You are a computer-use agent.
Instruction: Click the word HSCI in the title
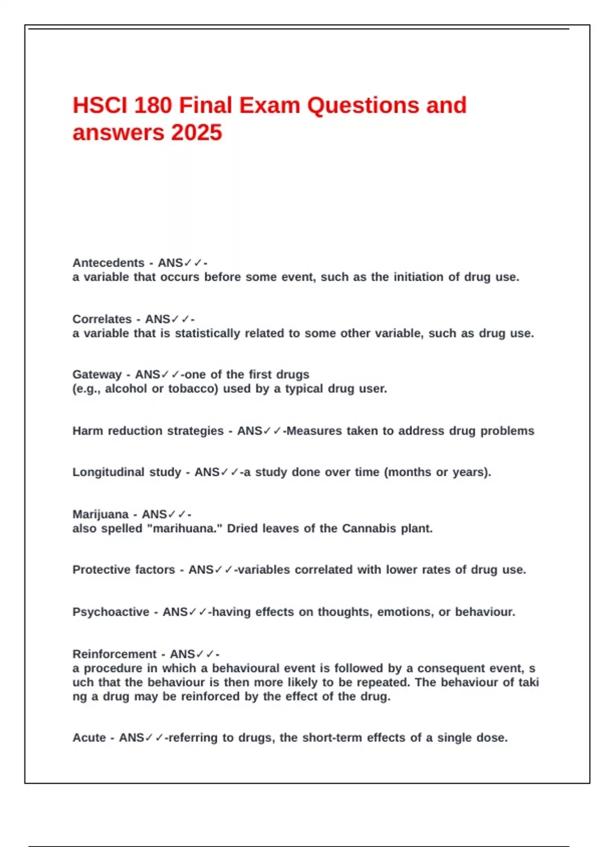point(98,106)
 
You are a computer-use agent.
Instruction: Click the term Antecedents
point(108,263)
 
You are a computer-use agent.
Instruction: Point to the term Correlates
point(102,319)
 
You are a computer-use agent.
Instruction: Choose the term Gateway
point(97,374)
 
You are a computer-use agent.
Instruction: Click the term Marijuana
point(100,514)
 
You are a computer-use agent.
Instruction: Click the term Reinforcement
point(115,654)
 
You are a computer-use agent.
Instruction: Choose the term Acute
point(89,737)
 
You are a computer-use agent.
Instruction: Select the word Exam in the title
point(269,106)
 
